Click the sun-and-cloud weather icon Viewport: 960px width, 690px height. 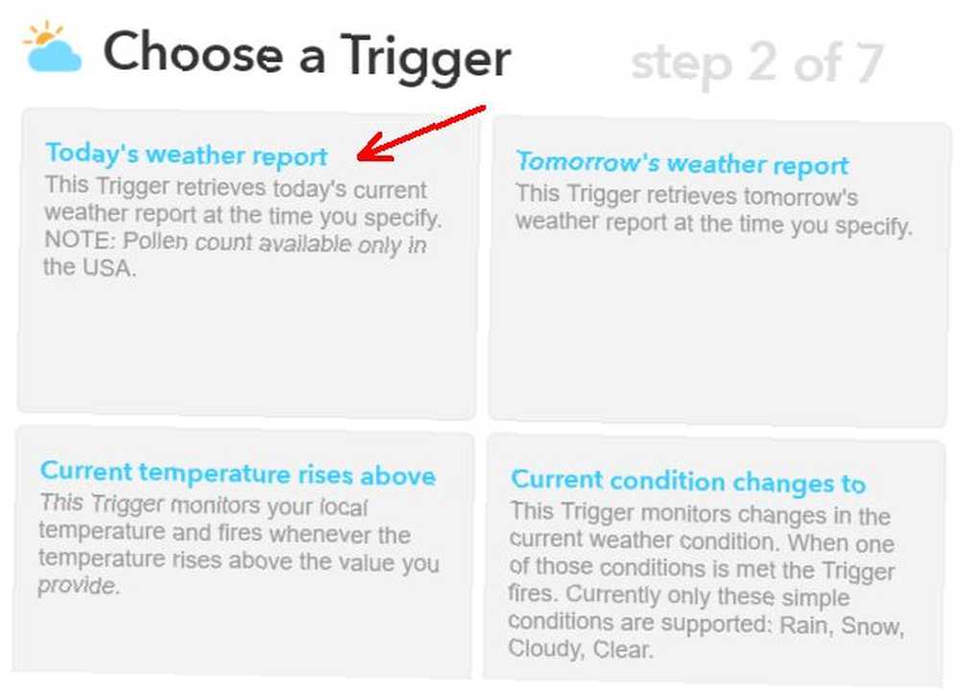tap(52, 47)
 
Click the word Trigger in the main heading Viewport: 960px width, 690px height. tap(425, 58)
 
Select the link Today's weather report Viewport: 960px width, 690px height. tap(187, 155)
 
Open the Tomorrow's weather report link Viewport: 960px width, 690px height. tap(682, 163)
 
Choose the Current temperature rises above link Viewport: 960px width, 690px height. tap(237, 473)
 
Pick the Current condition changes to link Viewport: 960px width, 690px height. tap(688, 481)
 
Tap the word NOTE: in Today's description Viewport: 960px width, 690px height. tap(80, 239)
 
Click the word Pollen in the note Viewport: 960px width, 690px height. tap(156, 241)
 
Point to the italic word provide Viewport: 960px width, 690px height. tap(79, 586)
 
